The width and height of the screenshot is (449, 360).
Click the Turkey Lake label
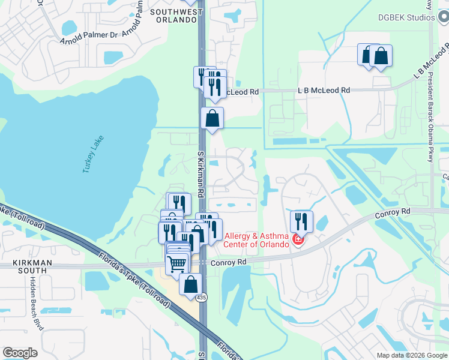[x=94, y=155]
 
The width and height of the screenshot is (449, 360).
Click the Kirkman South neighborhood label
[x=32, y=268]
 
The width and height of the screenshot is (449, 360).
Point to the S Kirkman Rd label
[x=202, y=175]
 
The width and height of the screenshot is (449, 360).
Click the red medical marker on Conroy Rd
[x=297, y=241]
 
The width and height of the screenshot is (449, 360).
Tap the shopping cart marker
[x=176, y=263]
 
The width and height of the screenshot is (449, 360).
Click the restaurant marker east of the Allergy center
[x=301, y=220]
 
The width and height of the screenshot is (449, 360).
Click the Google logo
[x=20, y=353]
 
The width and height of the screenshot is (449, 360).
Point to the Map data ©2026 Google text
[x=411, y=355]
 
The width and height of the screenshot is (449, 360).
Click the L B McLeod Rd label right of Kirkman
[x=324, y=90]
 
